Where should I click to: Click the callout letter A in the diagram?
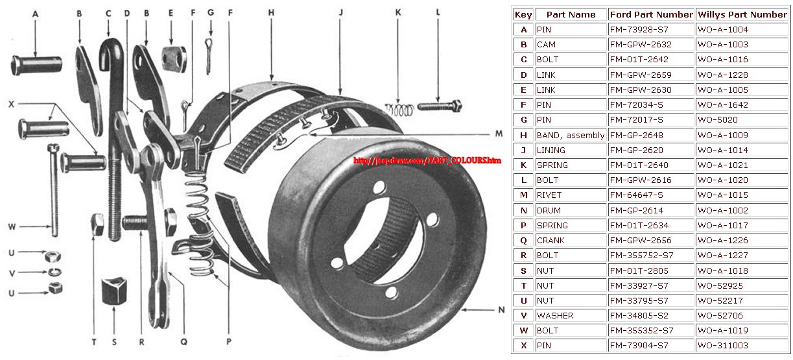coord(35,13)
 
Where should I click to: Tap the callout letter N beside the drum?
coord(501,310)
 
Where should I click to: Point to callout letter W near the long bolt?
coord(12,227)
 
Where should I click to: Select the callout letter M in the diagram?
coord(499,134)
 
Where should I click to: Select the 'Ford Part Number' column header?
coord(651,14)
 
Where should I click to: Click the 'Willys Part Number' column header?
coord(742,14)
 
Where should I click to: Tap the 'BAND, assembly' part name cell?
coord(570,135)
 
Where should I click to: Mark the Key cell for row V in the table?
coord(523,316)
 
